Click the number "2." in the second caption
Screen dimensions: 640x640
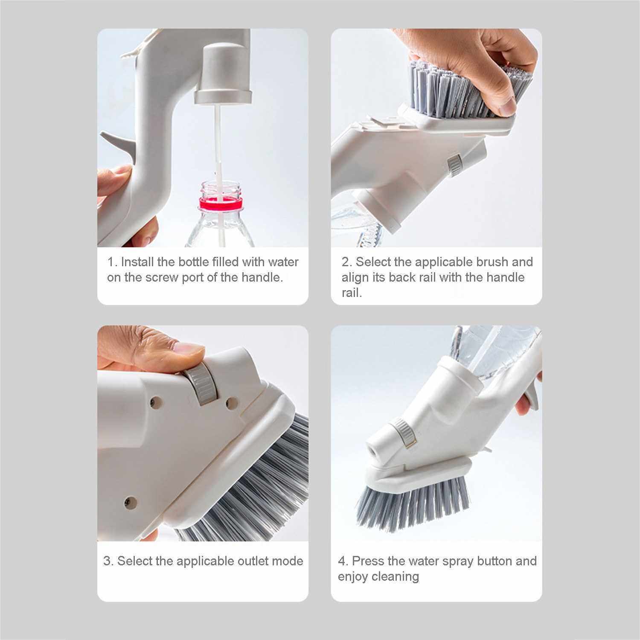coord(346,262)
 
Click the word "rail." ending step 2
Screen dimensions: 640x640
coord(352,293)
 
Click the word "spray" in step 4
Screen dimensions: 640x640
coord(458,561)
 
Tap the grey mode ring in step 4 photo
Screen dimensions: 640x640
coord(403,433)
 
